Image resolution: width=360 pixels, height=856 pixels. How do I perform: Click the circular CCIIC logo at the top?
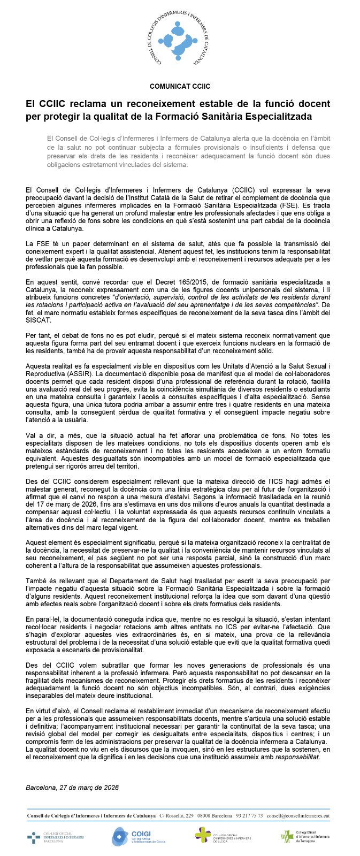(x=180, y=40)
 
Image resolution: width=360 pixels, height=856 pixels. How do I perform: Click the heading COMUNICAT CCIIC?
(x=180, y=86)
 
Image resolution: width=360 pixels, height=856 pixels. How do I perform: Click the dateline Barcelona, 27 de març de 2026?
(x=72, y=788)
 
